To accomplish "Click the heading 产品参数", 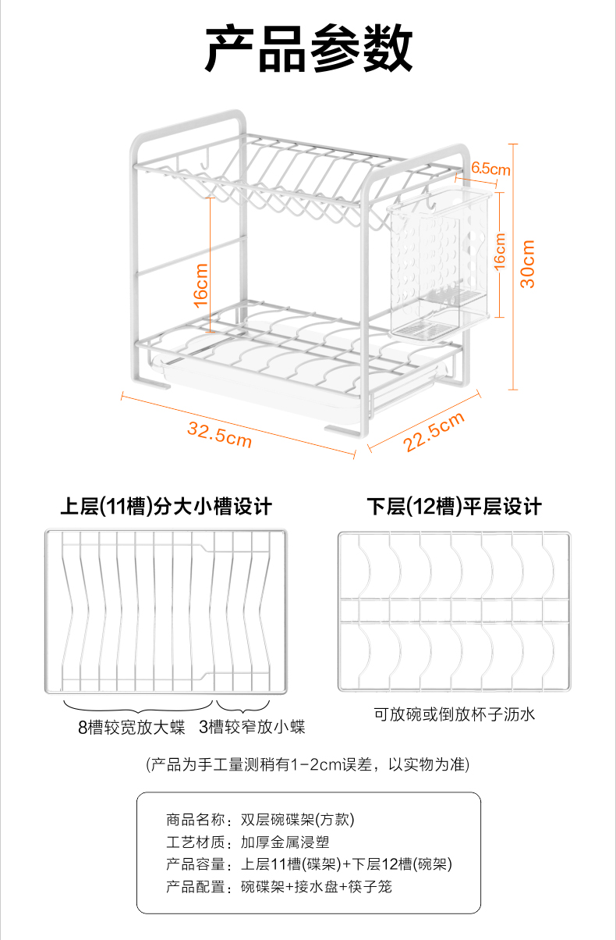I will coord(308,48).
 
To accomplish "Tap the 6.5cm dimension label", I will coord(491,169).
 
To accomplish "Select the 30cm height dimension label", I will coord(528,263).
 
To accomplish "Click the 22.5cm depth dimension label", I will coord(434,433).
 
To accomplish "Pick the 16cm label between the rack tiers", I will coord(201,285).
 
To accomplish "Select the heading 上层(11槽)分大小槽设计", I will coord(166,507).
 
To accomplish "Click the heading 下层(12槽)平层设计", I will coord(455,507).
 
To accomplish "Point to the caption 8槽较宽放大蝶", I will coord(131,728).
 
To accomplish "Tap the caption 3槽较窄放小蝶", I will coord(252,728).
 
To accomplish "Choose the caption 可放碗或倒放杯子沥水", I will coord(455,714).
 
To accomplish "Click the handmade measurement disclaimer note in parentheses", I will coord(308,764).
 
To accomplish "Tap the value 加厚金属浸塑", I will coord(279,842).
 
